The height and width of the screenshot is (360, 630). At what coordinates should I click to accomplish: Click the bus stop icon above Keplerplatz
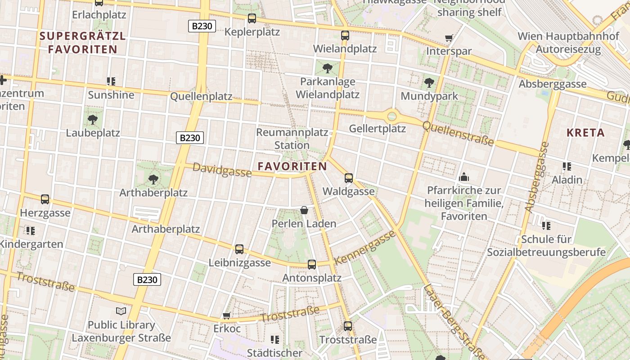(252, 18)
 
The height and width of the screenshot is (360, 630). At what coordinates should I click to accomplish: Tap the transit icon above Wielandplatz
(345, 35)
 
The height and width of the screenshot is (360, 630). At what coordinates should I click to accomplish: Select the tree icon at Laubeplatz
(93, 120)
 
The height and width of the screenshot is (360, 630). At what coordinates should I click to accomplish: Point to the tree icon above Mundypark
(429, 83)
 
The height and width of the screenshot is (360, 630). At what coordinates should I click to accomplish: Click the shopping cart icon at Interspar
(448, 38)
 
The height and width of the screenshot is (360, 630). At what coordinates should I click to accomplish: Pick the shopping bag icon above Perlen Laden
(304, 210)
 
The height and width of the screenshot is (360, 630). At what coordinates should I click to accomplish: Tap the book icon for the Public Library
(121, 311)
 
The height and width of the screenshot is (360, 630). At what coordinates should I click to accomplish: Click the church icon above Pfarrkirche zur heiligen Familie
(463, 177)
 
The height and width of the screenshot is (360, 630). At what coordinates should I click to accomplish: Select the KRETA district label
(585, 133)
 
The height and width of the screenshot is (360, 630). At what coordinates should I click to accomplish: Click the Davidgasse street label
(222, 170)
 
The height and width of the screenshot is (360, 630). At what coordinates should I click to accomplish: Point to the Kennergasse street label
(365, 247)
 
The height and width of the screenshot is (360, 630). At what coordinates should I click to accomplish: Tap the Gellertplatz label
(378, 129)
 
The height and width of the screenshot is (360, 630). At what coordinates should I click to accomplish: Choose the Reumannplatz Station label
(292, 139)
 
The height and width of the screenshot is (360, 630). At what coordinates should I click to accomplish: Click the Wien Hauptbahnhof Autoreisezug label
(568, 43)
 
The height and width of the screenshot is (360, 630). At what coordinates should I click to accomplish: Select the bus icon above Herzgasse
(45, 199)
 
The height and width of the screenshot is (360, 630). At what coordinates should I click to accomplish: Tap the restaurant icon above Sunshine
(111, 81)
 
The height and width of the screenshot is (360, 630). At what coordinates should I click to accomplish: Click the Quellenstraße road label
(458, 134)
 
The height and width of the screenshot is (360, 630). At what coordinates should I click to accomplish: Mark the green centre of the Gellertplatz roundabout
(392, 116)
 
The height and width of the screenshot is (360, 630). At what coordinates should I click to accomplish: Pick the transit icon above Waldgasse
(348, 178)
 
